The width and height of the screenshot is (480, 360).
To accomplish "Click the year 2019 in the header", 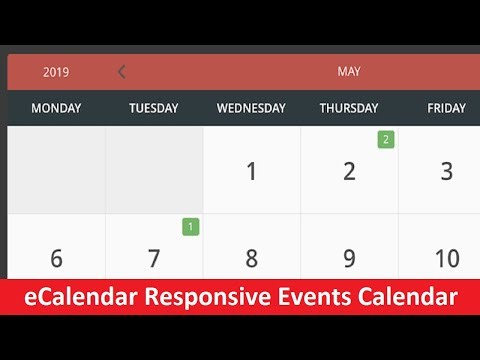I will [x=56, y=72].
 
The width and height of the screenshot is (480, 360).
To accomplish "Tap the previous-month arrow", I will [x=122, y=71].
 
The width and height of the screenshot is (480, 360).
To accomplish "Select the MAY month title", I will [x=349, y=72].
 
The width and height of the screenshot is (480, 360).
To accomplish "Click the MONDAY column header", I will [x=56, y=108].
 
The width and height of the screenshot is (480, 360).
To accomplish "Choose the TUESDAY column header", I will [x=154, y=108].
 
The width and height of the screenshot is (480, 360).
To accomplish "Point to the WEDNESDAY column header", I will [x=251, y=108].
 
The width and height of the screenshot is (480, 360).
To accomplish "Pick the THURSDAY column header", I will [x=349, y=108].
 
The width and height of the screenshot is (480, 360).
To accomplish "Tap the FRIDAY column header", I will [x=446, y=108].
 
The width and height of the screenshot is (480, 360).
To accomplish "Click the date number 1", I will [x=251, y=171].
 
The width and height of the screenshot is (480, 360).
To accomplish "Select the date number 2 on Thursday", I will [x=349, y=171].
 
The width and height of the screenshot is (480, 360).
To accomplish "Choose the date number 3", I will [x=446, y=171].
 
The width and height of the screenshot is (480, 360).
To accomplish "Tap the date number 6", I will [x=56, y=259].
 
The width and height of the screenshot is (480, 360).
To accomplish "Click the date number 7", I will [x=154, y=259].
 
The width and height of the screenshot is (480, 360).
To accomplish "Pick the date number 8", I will [x=251, y=259].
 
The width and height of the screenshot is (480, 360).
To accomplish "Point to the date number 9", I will [x=349, y=259].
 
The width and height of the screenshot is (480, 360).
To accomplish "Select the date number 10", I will [x=446, y=259].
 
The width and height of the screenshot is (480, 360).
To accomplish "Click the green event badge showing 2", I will [x=385, y=139].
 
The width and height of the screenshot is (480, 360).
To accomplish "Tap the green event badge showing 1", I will [x=190, y=227].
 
